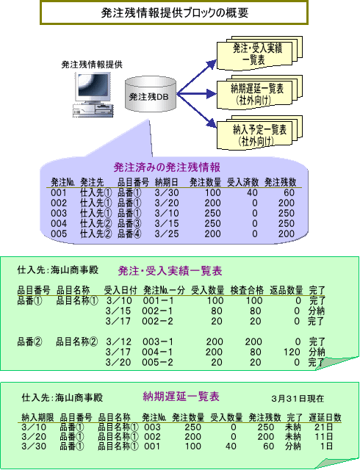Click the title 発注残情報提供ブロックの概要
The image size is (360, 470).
point(175,13)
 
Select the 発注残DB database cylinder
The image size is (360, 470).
point(151,94)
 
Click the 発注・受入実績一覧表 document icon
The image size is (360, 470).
point(259,54)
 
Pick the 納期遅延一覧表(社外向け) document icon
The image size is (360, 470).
point(259,93)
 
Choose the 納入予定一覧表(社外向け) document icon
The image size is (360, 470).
point(259,133)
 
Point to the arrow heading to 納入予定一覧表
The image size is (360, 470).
point(196,110)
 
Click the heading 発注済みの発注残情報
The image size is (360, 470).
point(167,167)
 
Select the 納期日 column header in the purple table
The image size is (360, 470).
point(167,182)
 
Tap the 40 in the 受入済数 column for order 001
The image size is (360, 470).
point(252,192)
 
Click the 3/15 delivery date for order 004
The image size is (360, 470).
point(167,223)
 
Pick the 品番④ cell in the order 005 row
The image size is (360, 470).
point(129,234)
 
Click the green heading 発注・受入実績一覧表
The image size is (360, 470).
point(170,271)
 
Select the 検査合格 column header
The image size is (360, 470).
point(247,290)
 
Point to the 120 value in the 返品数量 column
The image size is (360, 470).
point(292,352)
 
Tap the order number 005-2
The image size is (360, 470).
point(157,362)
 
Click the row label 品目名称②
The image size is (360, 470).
point(77,341)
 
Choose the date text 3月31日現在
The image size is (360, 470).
point(298,398)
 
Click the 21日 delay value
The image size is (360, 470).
point(324,427)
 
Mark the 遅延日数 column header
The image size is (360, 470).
point(325,417)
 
